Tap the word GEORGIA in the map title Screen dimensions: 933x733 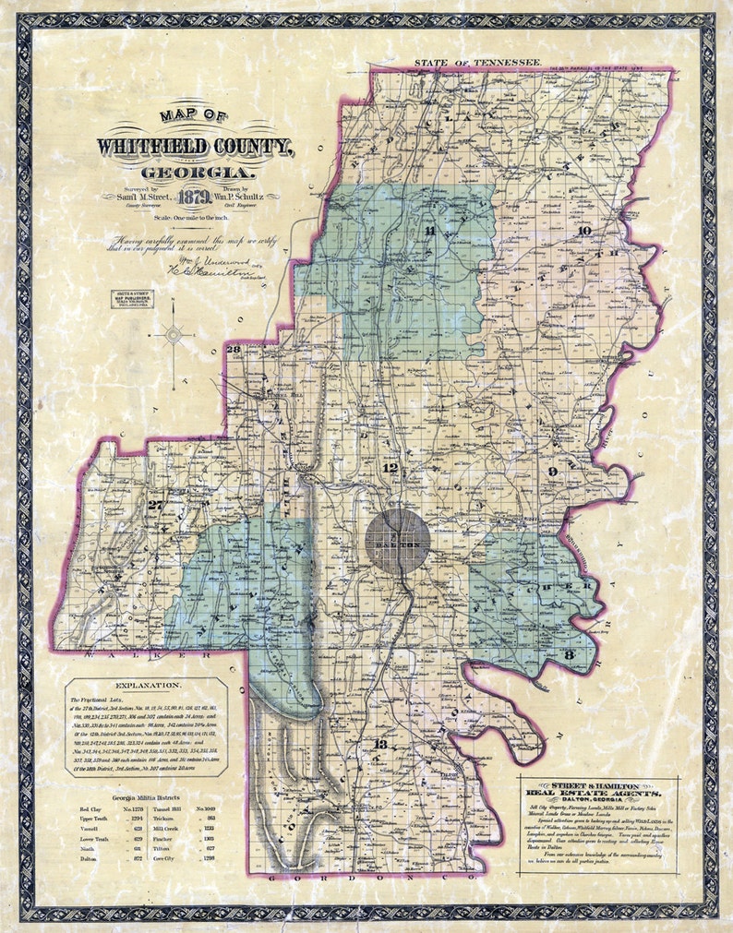coord(195,172)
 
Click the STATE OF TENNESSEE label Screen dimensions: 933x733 coord(476,62)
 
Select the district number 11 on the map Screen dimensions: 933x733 coord(429,231)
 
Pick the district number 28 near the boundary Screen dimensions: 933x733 coord(234,349)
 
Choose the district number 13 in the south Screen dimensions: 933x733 coord(380,745)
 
